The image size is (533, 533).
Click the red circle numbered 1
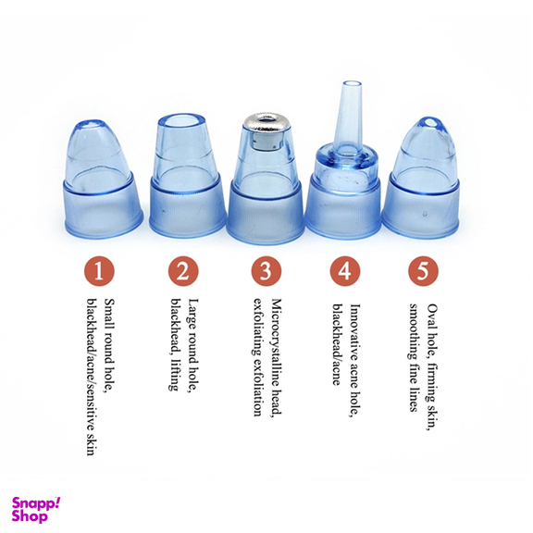click(x=99, y=272)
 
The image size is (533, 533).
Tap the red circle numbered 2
click(x=183, y=271)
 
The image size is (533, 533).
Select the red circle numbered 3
click(x=266, y=271)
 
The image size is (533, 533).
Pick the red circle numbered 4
click(x=345, y=271)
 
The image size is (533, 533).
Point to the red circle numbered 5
click(x=423, y=271)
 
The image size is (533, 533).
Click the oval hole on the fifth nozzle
click(x=429, y=122)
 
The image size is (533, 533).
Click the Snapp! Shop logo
click(x=36, y=510)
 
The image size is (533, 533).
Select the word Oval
click(x=432, y=316)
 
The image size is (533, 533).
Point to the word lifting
click(x=175, y=376)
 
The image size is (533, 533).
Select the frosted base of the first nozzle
click(x=104, y=210)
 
